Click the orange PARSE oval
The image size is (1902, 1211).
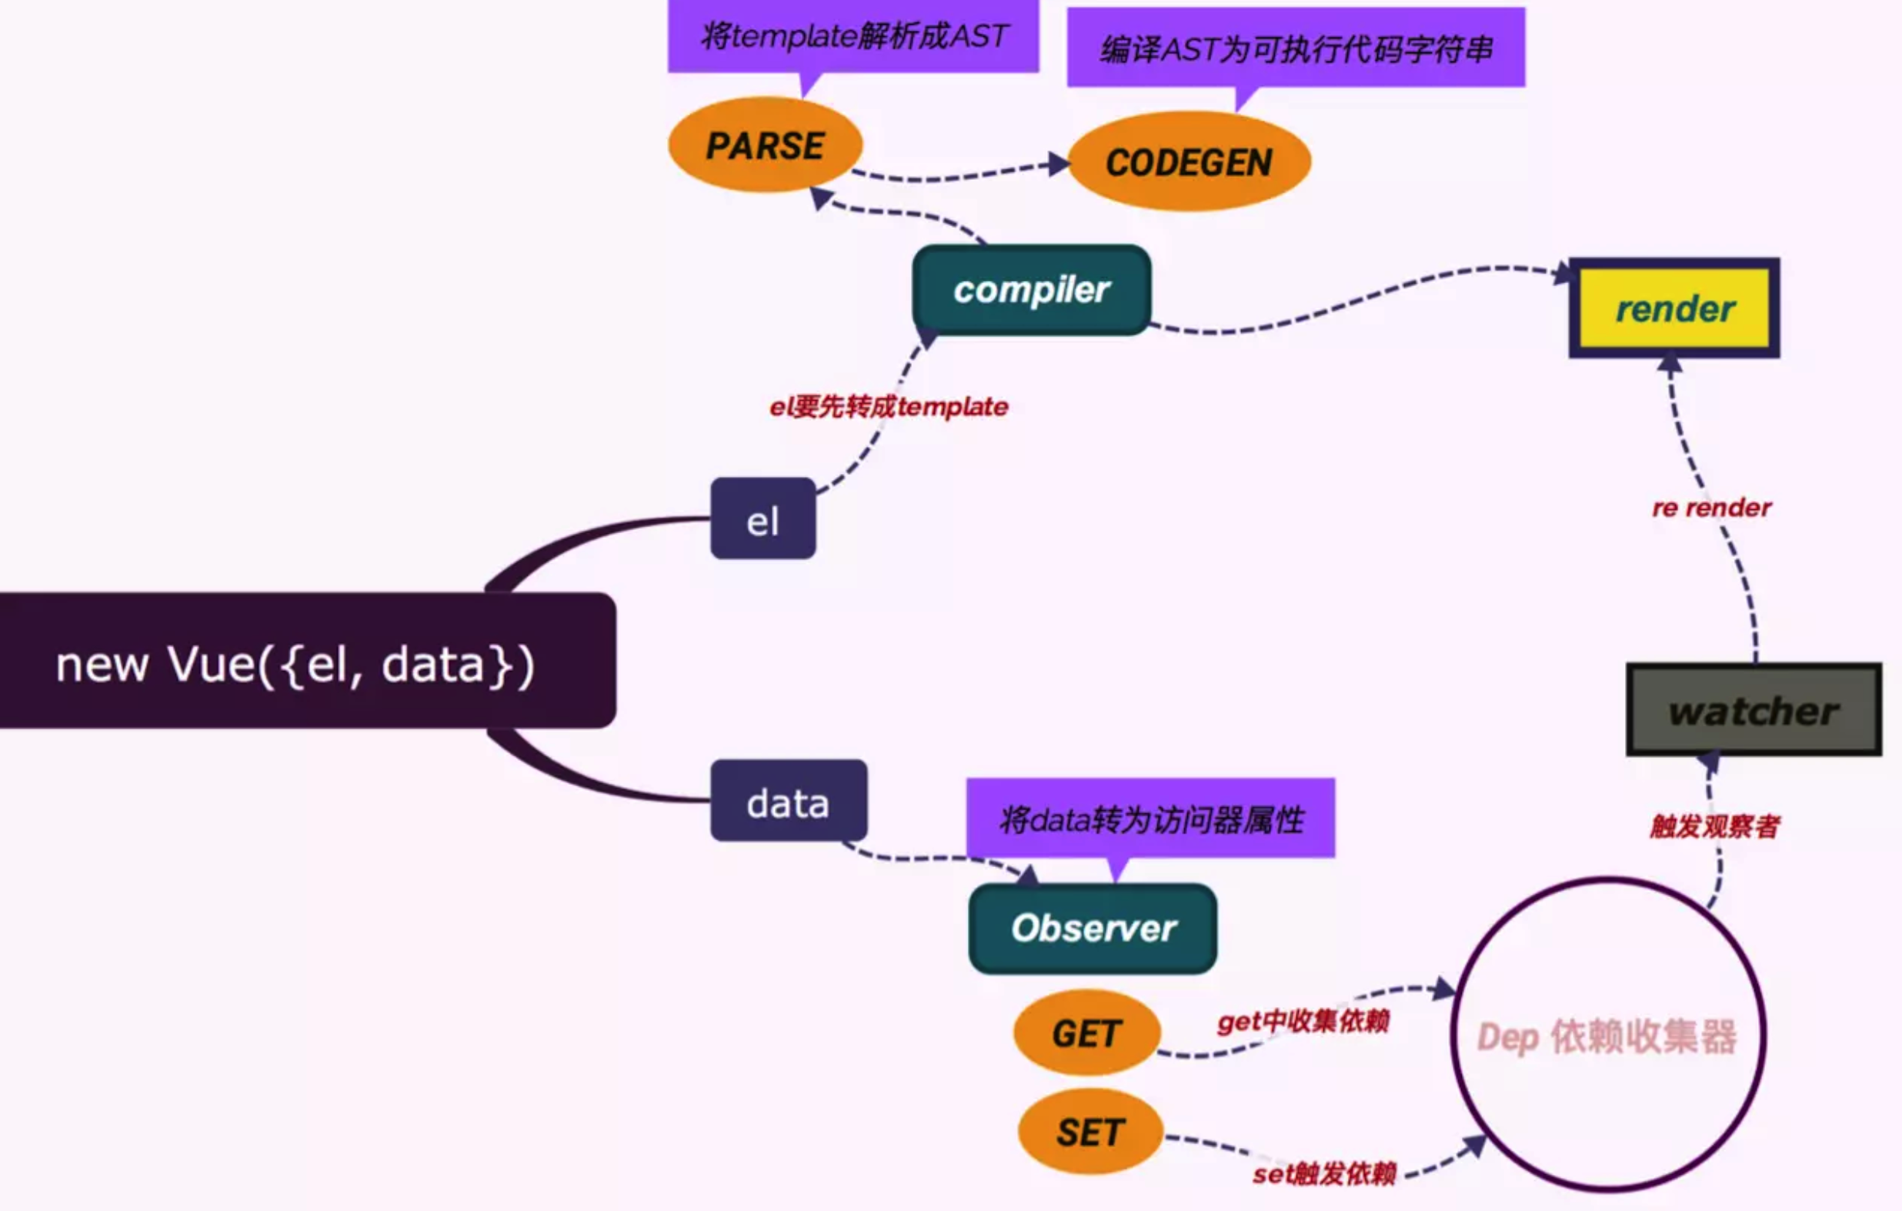coord(766,145)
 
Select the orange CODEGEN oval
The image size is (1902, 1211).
coord(1189,162)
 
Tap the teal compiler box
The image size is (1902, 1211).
coord(1032,290)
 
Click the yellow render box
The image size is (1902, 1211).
coord(1674,308)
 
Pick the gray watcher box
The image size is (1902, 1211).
coord(1754,710)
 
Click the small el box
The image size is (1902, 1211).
coord(763,519)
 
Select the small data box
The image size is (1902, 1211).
coord(789,801)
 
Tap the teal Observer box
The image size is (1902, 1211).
coord(1093,928)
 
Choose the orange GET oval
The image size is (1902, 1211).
coord(1087,1033)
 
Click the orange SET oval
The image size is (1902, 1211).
coord(1090,1132)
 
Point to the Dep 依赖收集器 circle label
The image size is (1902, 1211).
coord(1607,1037)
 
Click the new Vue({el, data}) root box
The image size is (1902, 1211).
coord(307,660)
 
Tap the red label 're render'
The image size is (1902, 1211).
coord(1712,507)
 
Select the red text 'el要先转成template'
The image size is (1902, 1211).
coord(889,407)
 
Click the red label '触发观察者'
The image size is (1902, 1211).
coord(1715,826)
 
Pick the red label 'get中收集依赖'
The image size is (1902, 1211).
coord(1303,1022)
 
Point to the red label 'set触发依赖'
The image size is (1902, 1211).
coord(1325,1174)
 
